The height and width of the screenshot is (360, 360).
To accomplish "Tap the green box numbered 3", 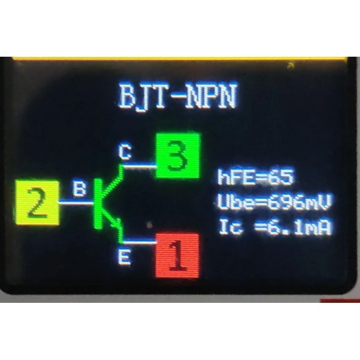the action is (178, 156).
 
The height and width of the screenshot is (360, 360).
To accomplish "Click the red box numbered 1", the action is (177, 255).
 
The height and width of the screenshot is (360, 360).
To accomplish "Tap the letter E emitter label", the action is (125, 258).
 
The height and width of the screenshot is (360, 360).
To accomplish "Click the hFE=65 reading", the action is (255, 177).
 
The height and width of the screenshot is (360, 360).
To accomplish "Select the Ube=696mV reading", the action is (275, 203).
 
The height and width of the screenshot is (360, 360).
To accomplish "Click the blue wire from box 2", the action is (76, 203).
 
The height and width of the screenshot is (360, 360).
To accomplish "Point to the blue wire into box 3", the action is (139, 166).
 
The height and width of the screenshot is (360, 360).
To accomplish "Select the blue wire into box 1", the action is (139, 242).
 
